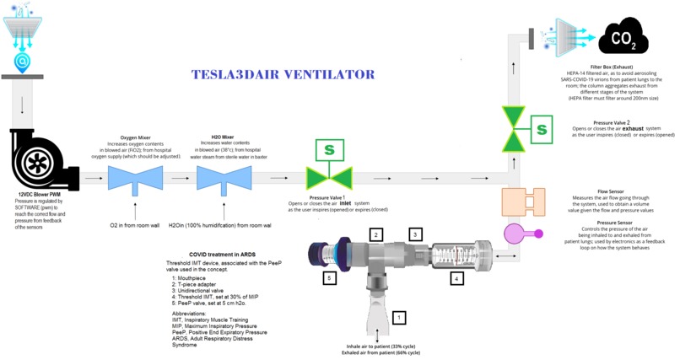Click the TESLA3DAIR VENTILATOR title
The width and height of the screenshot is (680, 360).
click(283, 75)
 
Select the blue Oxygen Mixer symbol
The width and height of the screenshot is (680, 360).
click(136, 178)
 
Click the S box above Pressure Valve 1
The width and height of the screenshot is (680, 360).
click(329, 150)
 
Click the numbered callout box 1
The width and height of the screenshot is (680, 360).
click(400, 318)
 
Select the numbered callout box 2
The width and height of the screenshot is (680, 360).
click(377, 234)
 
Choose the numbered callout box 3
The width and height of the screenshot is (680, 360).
click(414, 234)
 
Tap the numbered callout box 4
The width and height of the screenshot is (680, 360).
click(456, 277)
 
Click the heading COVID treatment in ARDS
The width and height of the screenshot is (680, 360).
click(220, 253)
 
